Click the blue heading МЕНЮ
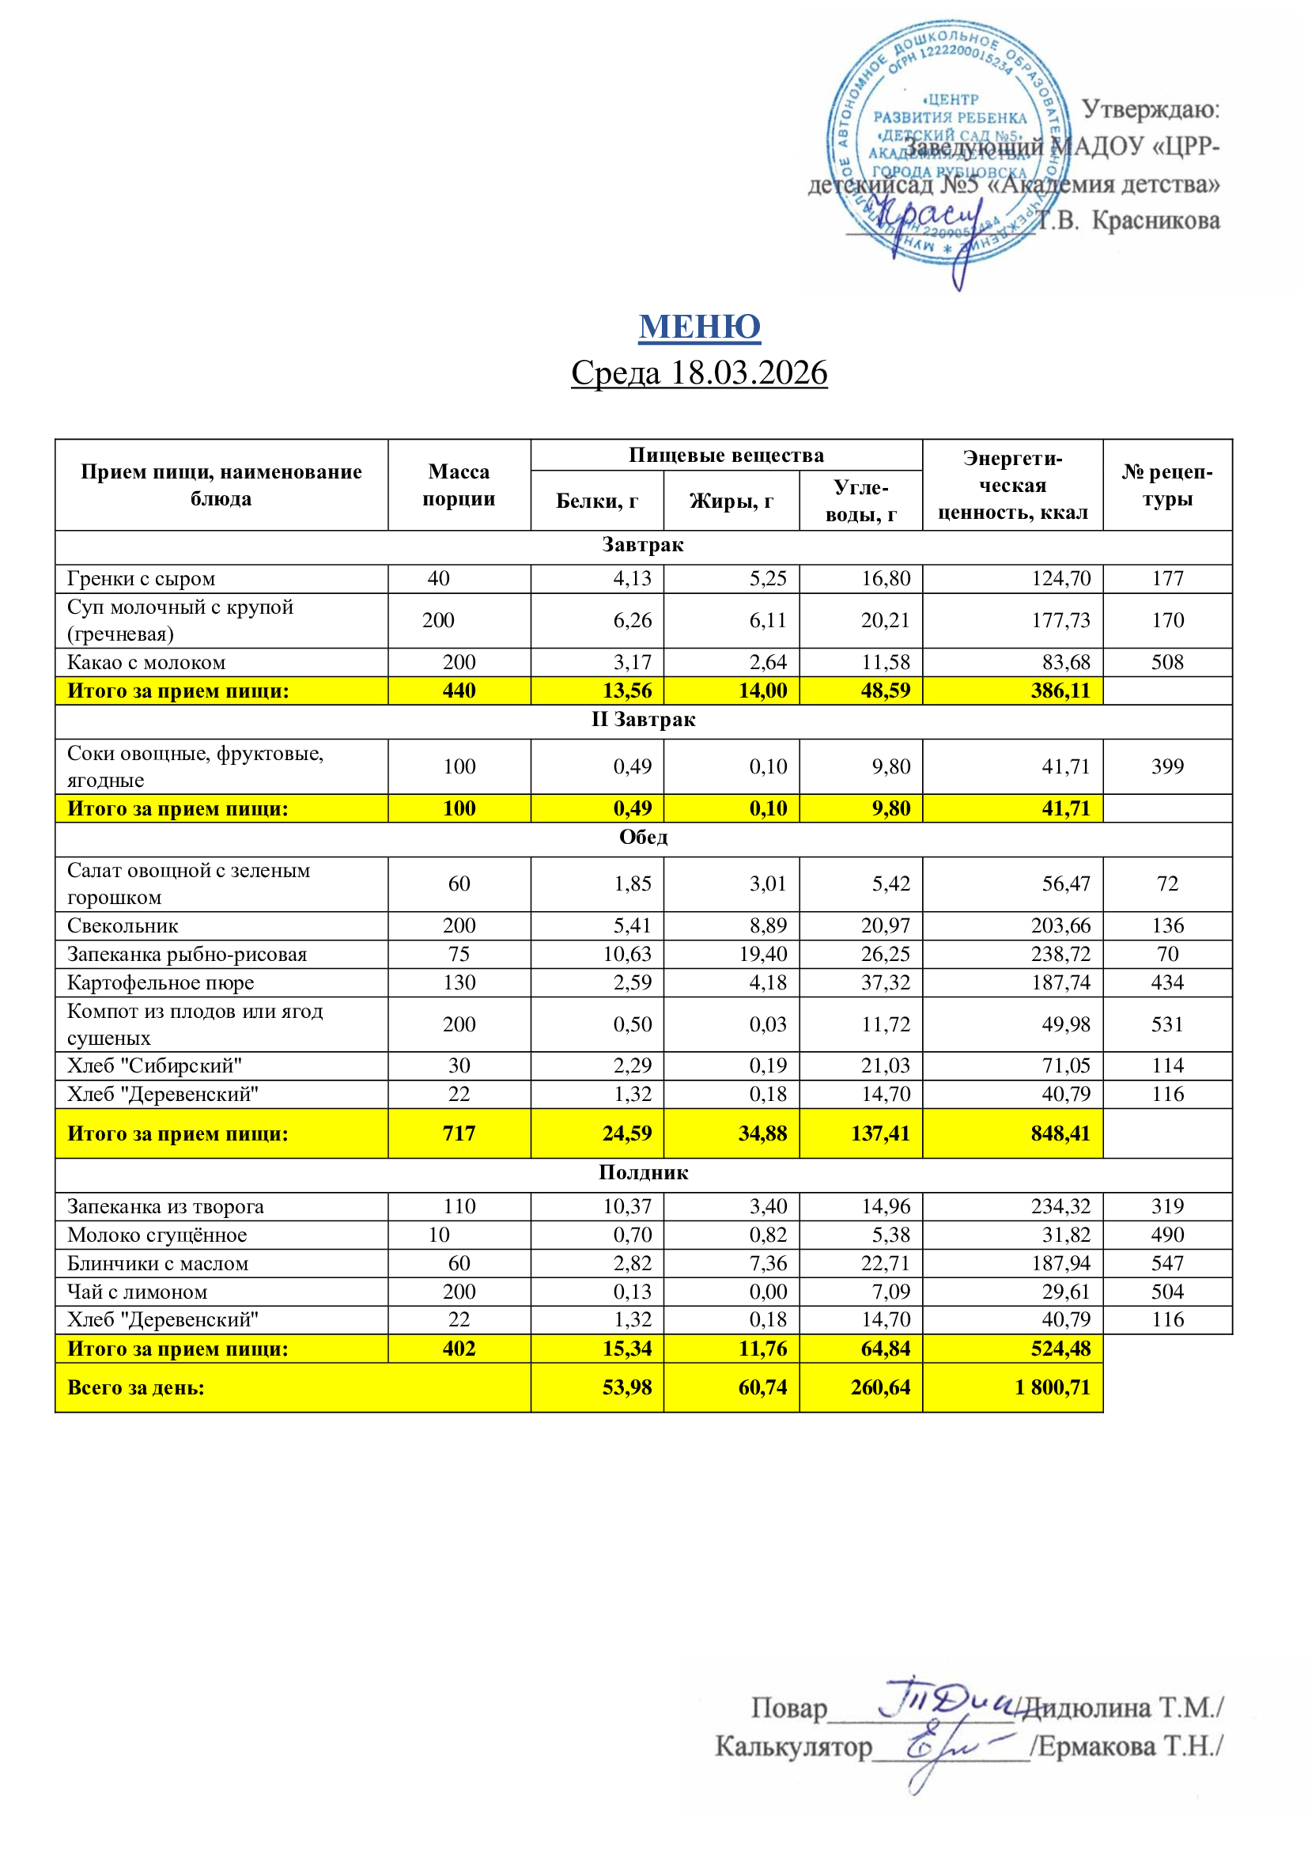coord(699,327)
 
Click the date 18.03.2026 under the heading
coord(748,373)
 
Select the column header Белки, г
coord(597,501)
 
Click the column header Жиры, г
coord(731,501)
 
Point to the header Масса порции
coord(459,484)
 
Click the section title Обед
coord(643,837)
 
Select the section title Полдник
coord(643,1172)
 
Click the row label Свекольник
coord(123,926)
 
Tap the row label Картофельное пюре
coord(161,983)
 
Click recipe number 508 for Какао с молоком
coord(1167,662)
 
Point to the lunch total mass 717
coord(459,1133)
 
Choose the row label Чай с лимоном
coord(137,1292)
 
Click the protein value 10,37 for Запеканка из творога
coord(627,1206)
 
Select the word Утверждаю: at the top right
coord(1149,110)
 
